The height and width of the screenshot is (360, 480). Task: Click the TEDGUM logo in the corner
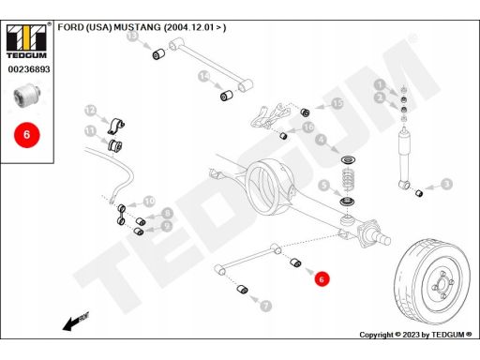(27, 40)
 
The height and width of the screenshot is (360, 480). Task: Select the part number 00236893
(29, 69)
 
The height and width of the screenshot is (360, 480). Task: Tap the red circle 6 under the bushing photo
(27, 135)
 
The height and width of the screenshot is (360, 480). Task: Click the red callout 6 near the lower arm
(322, 279)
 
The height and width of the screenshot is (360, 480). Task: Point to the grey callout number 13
(133, 36)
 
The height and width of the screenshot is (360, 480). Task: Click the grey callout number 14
(203, 76)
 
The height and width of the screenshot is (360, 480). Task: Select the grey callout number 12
(90, 110)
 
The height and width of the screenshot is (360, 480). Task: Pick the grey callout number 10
(149, 201)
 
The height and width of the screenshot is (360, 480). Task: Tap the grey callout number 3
(447, 184)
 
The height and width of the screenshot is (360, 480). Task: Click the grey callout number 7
(265, 305)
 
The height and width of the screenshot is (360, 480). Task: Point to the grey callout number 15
(337, 103)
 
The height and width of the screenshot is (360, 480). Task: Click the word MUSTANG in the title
(137, 27)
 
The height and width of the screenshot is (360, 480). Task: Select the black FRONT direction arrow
(76, 322)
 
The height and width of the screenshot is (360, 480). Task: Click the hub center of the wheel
(442, 284)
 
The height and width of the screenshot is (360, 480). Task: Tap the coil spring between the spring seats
(348, 179)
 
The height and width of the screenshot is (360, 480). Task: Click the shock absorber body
(404, 157)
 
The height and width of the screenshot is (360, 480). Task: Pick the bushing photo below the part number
(27, 94)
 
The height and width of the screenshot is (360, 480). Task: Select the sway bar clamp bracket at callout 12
(116, 127)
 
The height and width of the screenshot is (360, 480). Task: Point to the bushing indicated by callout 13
(159, 53)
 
